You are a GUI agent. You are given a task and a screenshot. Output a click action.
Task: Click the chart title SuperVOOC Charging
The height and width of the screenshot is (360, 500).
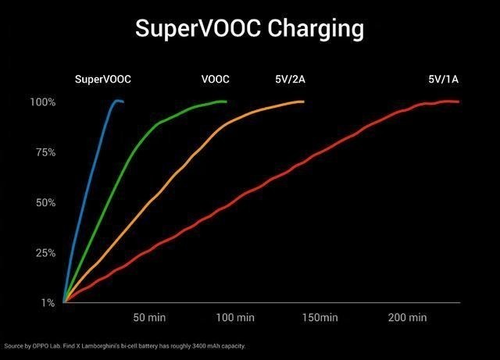tap(249, 28)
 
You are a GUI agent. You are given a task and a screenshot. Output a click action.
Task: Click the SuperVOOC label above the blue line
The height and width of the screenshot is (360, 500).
tap(103, 79)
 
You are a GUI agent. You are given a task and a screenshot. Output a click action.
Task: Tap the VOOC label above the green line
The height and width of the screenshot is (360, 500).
tap(215, 79)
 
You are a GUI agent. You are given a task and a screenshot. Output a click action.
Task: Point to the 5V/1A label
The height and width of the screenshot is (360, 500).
tap(443, 79)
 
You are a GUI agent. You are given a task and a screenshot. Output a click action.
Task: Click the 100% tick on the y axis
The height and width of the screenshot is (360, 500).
tap(43, 102)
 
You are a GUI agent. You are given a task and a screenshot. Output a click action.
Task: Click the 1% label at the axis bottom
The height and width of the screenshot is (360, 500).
tap(48, 303)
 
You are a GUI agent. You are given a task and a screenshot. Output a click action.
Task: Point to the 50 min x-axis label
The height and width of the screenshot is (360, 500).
tap(149, 318)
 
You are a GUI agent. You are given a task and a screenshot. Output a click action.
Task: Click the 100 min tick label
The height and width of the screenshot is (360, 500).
tap(234, 318)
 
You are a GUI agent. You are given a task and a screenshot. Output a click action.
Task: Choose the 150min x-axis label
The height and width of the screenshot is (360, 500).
tap(320, 318)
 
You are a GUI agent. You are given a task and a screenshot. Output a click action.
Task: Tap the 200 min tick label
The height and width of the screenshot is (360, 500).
tap(407, 318)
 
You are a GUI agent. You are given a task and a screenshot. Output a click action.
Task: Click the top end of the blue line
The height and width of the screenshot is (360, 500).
tap(122, 102)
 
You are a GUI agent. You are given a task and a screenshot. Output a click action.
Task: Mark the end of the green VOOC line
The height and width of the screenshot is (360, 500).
tap(226, 102)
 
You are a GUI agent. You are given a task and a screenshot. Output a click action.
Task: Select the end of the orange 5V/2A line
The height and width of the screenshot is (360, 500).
tap(302, 102)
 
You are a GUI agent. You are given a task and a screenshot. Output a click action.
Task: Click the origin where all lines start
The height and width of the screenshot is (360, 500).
tap(64, 301)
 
